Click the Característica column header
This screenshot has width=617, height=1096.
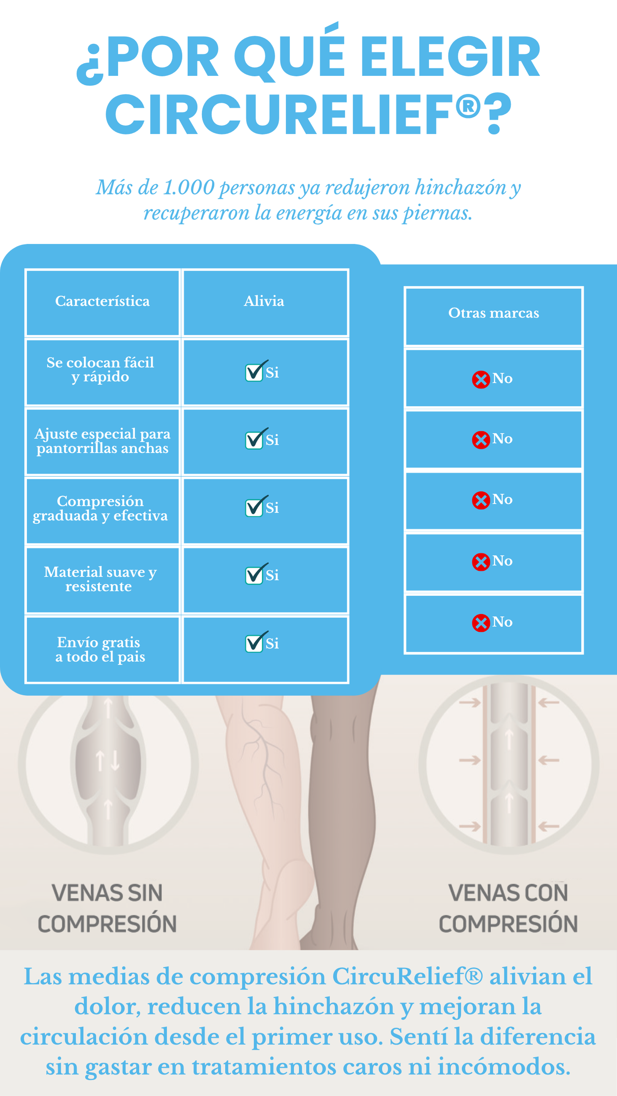pyautogui.click(x=102, y=301)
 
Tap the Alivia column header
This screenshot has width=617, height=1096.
pyautogui.click(x=264, y=301)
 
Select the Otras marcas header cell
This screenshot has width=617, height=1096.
pyautogui.click(x=493, y=313)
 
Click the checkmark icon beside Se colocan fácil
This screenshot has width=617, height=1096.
pyautogui.click(x=255, y=371)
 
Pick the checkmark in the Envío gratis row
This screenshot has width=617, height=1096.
pyautogui.click(x=255, y=642)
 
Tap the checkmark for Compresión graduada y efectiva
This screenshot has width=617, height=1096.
pyautogui.click(x=255, y=506)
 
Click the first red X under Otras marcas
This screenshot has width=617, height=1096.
pyautogui.click(x=481, y=379)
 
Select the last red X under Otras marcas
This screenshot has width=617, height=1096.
pyautogui.click(x=481, y=623)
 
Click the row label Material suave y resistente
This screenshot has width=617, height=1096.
pyautogui.click(x=100, y=579)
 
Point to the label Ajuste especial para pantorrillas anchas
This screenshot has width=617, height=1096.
pyautogui.click(x=102, y=441)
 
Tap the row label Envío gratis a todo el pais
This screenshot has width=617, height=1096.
pyautogui.click(x=100, y=649)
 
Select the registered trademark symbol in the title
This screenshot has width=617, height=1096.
pyautogui.click(x=468, y=106)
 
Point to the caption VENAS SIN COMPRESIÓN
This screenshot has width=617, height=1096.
pyautogui.click(x=107, y=908)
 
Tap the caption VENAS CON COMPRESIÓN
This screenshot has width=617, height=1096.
pyautogui.click(x=508, y=908)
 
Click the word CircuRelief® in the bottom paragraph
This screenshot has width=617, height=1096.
pyautogui.click(x=408, y=976)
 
